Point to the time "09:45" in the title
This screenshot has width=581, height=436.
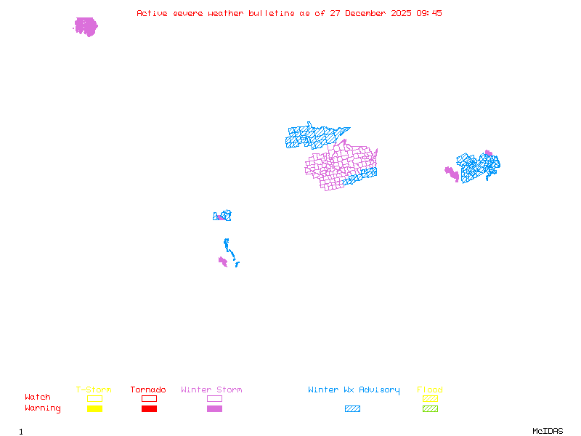click(428, 13)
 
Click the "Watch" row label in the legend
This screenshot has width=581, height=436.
click(38, 397)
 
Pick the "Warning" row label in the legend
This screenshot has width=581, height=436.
click(43, 408)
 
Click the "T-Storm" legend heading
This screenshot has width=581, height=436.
click(94, 390)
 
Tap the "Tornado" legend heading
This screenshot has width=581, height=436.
click(148, 390)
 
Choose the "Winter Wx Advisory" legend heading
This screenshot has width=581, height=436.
click(354, 390)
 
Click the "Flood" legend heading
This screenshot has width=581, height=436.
click(430, 390)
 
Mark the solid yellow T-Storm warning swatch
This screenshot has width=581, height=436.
click(94, 408)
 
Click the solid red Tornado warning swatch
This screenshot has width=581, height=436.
click(149, 408)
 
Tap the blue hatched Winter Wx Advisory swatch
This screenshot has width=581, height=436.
click(352, 408)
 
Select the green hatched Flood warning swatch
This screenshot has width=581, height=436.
click(430, 408)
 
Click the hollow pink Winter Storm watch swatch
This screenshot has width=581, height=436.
click(214, 398)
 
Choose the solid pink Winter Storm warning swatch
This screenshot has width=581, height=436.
click(214, 408)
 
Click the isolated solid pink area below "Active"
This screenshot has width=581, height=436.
click(86, 27)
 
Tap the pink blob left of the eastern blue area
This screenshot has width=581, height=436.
click(452, 174)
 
